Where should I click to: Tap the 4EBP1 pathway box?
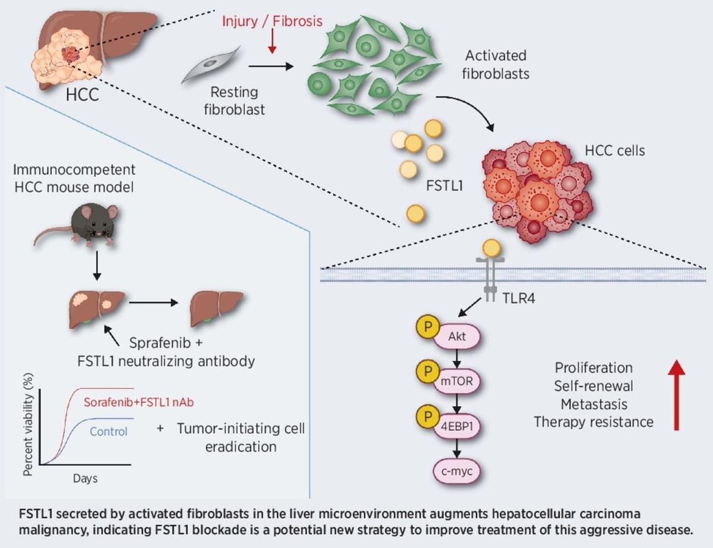[458, 427]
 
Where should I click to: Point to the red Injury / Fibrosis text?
[273, 22]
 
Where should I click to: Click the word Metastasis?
[594, 404]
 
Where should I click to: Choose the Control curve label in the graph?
[109, 432]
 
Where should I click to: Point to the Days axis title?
[86, 478]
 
